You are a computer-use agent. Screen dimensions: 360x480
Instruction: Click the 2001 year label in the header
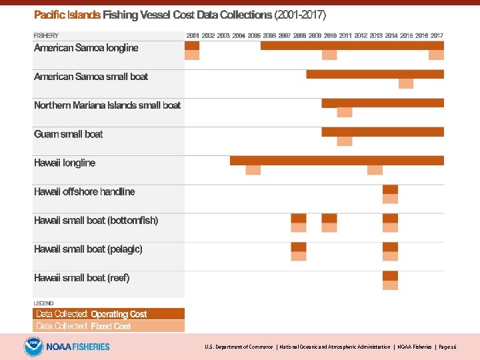192,35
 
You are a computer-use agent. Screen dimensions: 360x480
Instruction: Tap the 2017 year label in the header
437,35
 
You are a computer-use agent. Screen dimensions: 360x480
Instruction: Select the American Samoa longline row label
86,48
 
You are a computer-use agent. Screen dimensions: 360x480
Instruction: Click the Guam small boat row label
69,134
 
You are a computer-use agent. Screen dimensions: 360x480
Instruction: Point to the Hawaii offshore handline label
85,192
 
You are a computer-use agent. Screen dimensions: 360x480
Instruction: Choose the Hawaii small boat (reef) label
82,278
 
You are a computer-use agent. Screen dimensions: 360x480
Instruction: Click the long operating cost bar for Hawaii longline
337,160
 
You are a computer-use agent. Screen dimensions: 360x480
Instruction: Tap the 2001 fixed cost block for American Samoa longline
192,55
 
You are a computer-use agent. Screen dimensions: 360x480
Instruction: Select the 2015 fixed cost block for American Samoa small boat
406,84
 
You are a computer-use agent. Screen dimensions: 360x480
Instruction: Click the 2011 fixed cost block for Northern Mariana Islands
345,113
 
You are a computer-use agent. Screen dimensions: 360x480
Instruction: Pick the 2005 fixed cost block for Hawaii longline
253,170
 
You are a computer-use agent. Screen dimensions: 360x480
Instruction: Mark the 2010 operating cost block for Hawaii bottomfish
329,218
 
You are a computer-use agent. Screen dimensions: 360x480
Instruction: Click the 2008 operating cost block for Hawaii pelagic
299,247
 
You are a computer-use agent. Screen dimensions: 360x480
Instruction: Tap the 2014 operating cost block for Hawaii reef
390,275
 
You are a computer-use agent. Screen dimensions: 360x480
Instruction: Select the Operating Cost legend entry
109,314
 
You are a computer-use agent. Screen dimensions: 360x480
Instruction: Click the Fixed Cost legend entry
109,326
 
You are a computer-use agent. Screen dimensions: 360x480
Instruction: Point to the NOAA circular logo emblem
33,347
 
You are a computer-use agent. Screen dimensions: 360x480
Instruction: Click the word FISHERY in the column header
46,35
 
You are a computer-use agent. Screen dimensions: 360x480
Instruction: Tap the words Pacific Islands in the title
67,14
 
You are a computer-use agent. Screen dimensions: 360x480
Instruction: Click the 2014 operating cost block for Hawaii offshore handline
390,189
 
